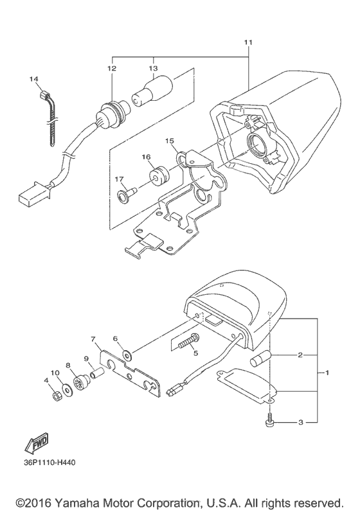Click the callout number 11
(x=248, y=42)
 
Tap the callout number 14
(x=34, y=79)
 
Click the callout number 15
(x=170, y=141)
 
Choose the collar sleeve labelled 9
(x=97, y=373)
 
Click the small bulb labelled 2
(x=261, y=358)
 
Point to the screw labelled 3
(x=269, y=420)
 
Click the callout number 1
(x=327, y=373)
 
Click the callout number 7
(x=93, y=339)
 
